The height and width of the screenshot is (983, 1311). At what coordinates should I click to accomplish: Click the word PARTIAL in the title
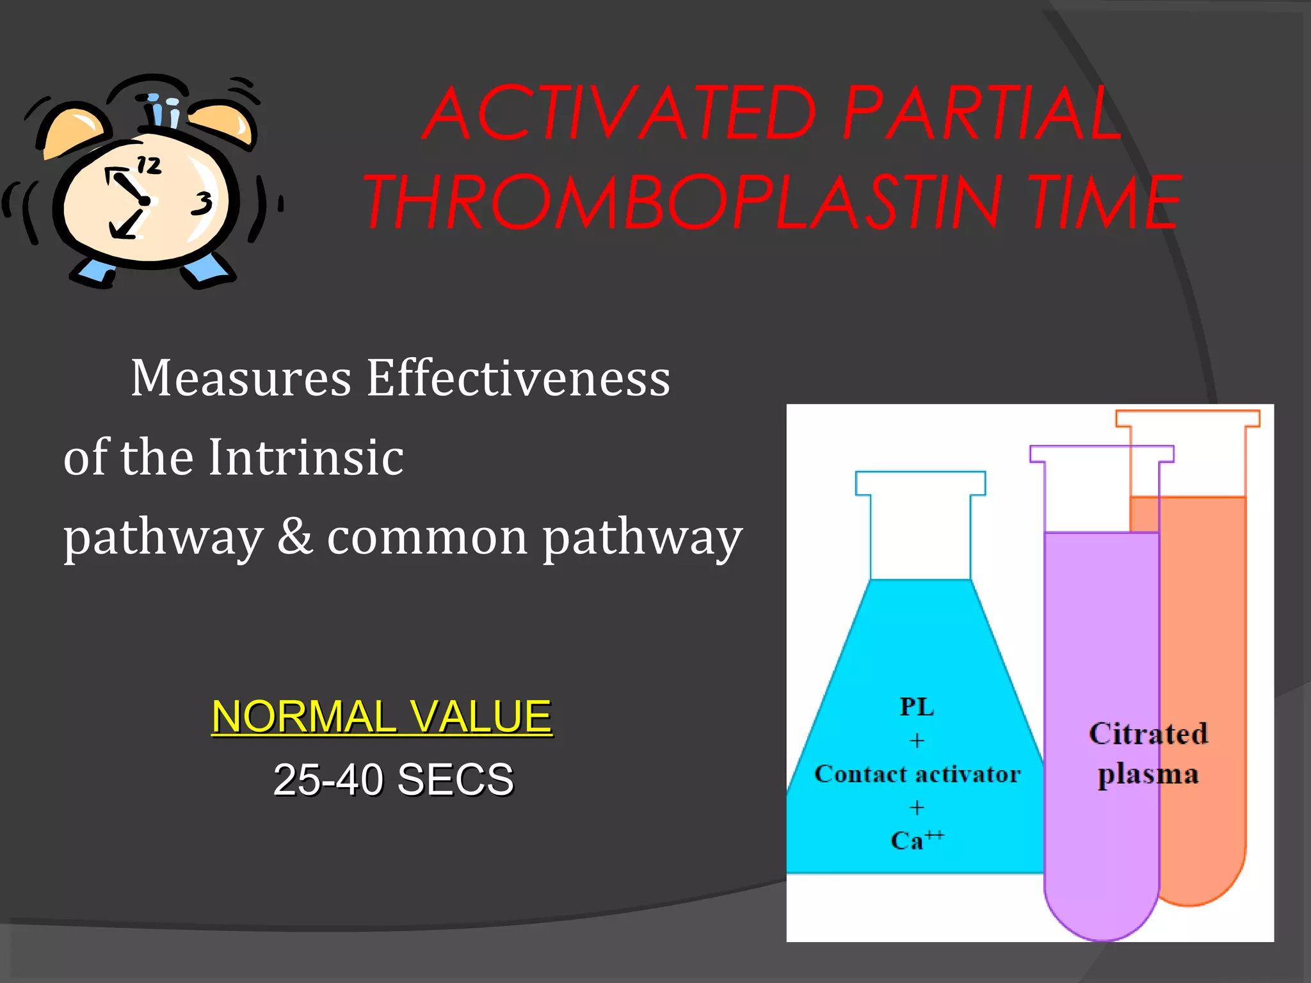pyautogui.click(x=983, y=114)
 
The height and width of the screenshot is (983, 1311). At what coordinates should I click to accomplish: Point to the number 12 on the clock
pyautogui.click(x=149, y=166)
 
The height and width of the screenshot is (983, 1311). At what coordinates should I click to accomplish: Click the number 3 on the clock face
pyautogui.click(x=203, y=204)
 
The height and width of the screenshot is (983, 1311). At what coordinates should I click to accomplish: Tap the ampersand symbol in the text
pyautogui.click(x=295, y=536)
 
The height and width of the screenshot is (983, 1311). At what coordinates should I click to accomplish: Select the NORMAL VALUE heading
pyautogui.click(x=382, y=716)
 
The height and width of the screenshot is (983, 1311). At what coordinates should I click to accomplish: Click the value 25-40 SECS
pyautogui.click(x=393, y=779)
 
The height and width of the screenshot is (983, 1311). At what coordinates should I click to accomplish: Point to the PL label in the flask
pyautogui.click(x=917, y=707)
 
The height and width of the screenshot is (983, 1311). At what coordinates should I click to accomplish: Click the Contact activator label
pyautogui.click(x=917, y=774)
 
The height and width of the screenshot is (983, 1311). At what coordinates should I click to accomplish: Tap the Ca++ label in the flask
pyautogui.click(x=915, y=840)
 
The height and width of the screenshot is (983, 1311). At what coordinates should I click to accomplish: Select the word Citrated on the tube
pyautogui.click(x=1148, y=734)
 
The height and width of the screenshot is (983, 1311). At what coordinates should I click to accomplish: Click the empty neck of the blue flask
pyautogui.click(x=921, y=538)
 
